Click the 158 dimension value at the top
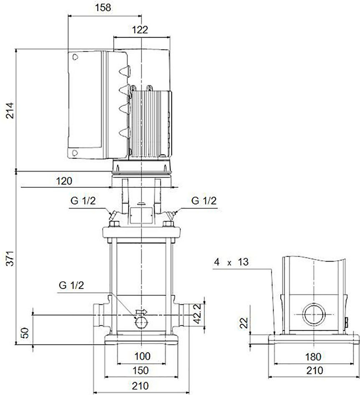pos(103,8)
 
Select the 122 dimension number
pos(140,30)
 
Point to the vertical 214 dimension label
pos(10,110)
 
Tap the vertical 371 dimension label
pos(10,258)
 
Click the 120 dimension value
pos(64,181)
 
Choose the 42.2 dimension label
pos(198,313)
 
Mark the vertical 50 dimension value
pos(25,333)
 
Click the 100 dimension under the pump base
pos(142,356)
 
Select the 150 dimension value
pos(140,370)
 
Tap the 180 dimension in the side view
pos(313,357)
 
